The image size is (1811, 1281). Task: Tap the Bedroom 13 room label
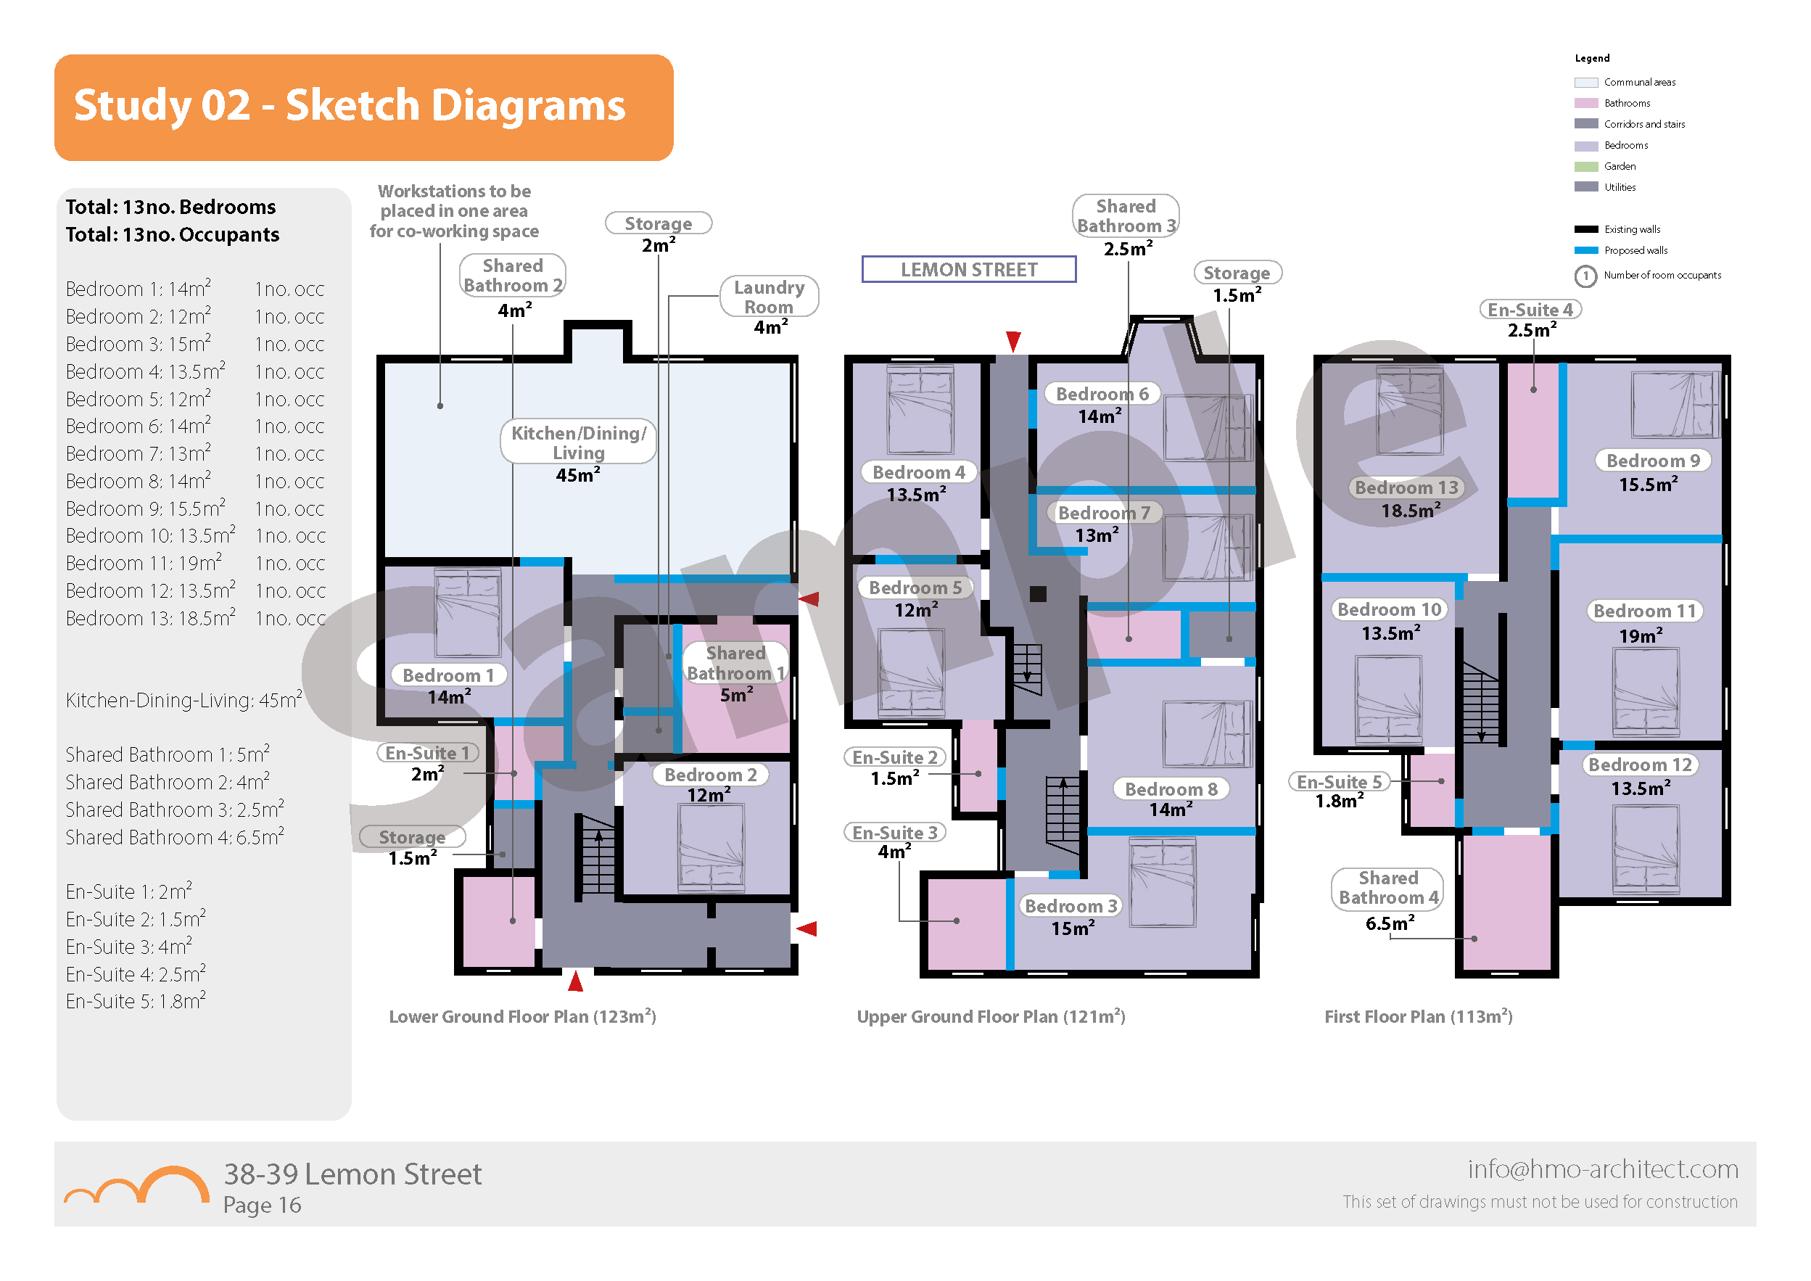(1406, 487)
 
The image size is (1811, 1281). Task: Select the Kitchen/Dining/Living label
(578, 442)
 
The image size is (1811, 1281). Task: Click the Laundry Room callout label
(769, 297)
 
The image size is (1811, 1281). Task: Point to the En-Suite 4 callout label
(1530, 310)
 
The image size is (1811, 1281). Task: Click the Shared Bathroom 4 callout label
(1387, 887)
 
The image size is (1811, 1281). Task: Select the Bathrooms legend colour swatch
(1585, 103)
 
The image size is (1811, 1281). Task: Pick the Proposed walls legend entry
(1635, 250)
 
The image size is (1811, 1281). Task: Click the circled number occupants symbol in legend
(1585, 276)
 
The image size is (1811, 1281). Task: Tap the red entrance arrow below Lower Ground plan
(576, 981)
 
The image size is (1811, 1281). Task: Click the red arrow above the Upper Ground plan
(1013, 341)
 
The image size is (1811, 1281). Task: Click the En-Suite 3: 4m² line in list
(128, 947)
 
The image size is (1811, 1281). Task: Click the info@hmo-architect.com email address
(1602, 1169)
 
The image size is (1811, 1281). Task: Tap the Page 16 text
(262, 1206)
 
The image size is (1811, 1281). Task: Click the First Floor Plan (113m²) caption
(1417, 1016)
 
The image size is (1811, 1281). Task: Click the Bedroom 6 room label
(1101, 394)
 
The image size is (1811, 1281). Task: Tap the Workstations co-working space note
(454, 211)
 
